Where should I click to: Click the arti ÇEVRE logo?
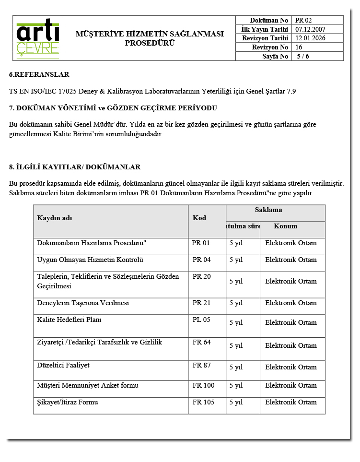pos(38,38)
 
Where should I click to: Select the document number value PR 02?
pos(303,20)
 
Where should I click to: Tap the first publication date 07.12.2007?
pos(310,29)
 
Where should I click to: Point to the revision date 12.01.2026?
pos(310,38)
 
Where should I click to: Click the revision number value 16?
pos(299,47)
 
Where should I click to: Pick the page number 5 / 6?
pos(303,56)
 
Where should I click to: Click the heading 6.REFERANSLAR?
pos(39,74)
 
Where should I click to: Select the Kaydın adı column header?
pos(55,218)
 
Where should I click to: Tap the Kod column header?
pos(199,218)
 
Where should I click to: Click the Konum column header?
pos(286,226)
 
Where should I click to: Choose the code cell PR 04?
pos(201,260)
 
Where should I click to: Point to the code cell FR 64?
pos(201,342)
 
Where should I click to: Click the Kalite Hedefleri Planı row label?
pos(69,320)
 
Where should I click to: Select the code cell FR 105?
pos(203,402)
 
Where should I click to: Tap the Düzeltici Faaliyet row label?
pos(63,365)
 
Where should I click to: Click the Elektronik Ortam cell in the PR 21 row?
pos(291,303)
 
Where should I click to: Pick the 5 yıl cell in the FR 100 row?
pos(236,385)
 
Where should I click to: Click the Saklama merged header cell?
pos(275,210)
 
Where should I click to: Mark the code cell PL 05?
pos(201,320)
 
